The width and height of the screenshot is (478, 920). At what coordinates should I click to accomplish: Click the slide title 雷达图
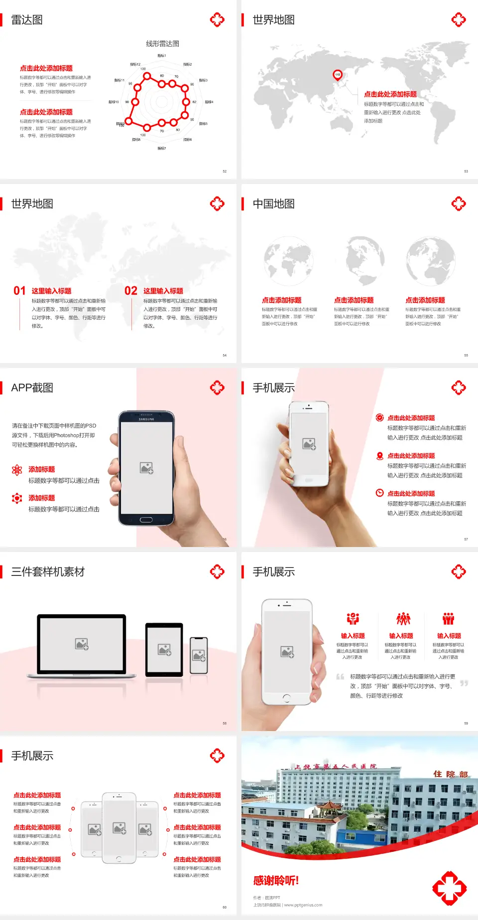coord(27,20)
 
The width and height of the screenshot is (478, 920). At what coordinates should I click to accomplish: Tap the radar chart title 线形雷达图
coord(162,44)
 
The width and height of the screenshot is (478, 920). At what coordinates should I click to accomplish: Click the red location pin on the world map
coord(338,75)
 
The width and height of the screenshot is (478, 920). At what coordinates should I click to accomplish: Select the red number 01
coord(19,291)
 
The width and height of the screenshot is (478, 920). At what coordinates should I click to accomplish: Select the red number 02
coord(131,291)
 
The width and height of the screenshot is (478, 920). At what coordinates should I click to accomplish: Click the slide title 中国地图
coord(273,204)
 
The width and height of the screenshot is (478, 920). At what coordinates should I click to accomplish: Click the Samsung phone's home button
coord(146,520)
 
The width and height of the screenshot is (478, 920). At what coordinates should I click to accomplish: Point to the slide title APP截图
coord(32,388)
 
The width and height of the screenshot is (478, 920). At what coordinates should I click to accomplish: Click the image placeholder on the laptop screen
coord(82,644)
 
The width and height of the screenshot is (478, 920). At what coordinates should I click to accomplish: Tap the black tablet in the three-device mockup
coord(164,649)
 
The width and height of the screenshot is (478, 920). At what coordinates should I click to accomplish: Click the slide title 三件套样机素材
coord(48,572)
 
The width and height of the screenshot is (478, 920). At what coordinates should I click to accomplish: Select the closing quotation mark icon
coord(464,683)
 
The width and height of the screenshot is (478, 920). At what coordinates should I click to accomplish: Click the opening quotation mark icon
coord(340,676)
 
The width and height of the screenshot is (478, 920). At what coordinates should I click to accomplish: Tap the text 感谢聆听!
coord(276,881)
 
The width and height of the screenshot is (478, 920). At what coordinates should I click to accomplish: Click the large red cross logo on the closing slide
coord(449,888)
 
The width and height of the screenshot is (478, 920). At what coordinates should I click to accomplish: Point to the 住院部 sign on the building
coord(450,774)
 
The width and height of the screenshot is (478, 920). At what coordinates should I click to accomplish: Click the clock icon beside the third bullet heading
coord(379,493)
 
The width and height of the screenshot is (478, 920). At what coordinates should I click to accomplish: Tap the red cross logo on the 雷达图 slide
coord(217,20)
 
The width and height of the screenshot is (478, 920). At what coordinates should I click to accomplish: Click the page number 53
coord(466,171)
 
